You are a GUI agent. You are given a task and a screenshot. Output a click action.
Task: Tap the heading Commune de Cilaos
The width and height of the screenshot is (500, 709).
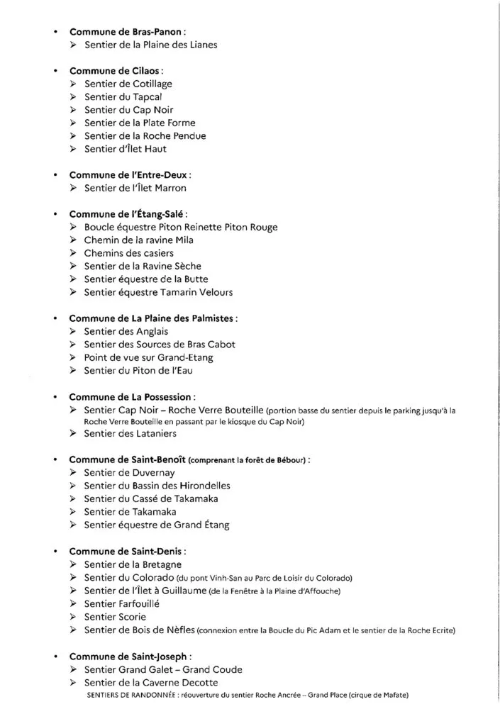[x=116, y=71]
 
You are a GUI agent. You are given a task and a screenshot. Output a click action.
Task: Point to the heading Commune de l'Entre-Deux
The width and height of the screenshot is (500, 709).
[x=129, y=174]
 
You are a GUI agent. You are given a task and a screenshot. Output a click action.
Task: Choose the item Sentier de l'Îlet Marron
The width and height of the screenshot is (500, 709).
[x=135, y=188]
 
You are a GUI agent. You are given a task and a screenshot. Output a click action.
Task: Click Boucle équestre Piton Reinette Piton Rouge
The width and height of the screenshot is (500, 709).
[x=180, y=227]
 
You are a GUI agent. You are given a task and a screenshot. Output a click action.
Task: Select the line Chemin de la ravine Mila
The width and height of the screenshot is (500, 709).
[x=138, y=240]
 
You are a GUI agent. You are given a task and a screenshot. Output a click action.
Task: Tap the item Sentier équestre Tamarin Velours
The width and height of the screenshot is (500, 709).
[x=158, y=291]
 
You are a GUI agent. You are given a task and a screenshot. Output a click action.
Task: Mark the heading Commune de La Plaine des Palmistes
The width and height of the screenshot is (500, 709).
[x=152, y=318]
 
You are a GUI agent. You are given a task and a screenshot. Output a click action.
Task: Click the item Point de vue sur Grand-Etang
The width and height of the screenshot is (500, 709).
[x=148, y=357]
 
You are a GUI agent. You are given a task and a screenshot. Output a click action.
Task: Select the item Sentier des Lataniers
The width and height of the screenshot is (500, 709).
[x=130, y=433]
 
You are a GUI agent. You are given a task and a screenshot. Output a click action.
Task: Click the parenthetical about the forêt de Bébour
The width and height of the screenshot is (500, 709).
[x=250, y=460]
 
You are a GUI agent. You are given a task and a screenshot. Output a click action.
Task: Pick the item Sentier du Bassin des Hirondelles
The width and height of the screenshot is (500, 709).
[x=157, y=486]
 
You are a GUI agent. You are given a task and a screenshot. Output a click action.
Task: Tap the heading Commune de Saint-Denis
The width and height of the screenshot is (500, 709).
[x=127, y=551]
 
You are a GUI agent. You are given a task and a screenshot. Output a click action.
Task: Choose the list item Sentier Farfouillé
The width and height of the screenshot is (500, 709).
[x=122, y=603]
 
